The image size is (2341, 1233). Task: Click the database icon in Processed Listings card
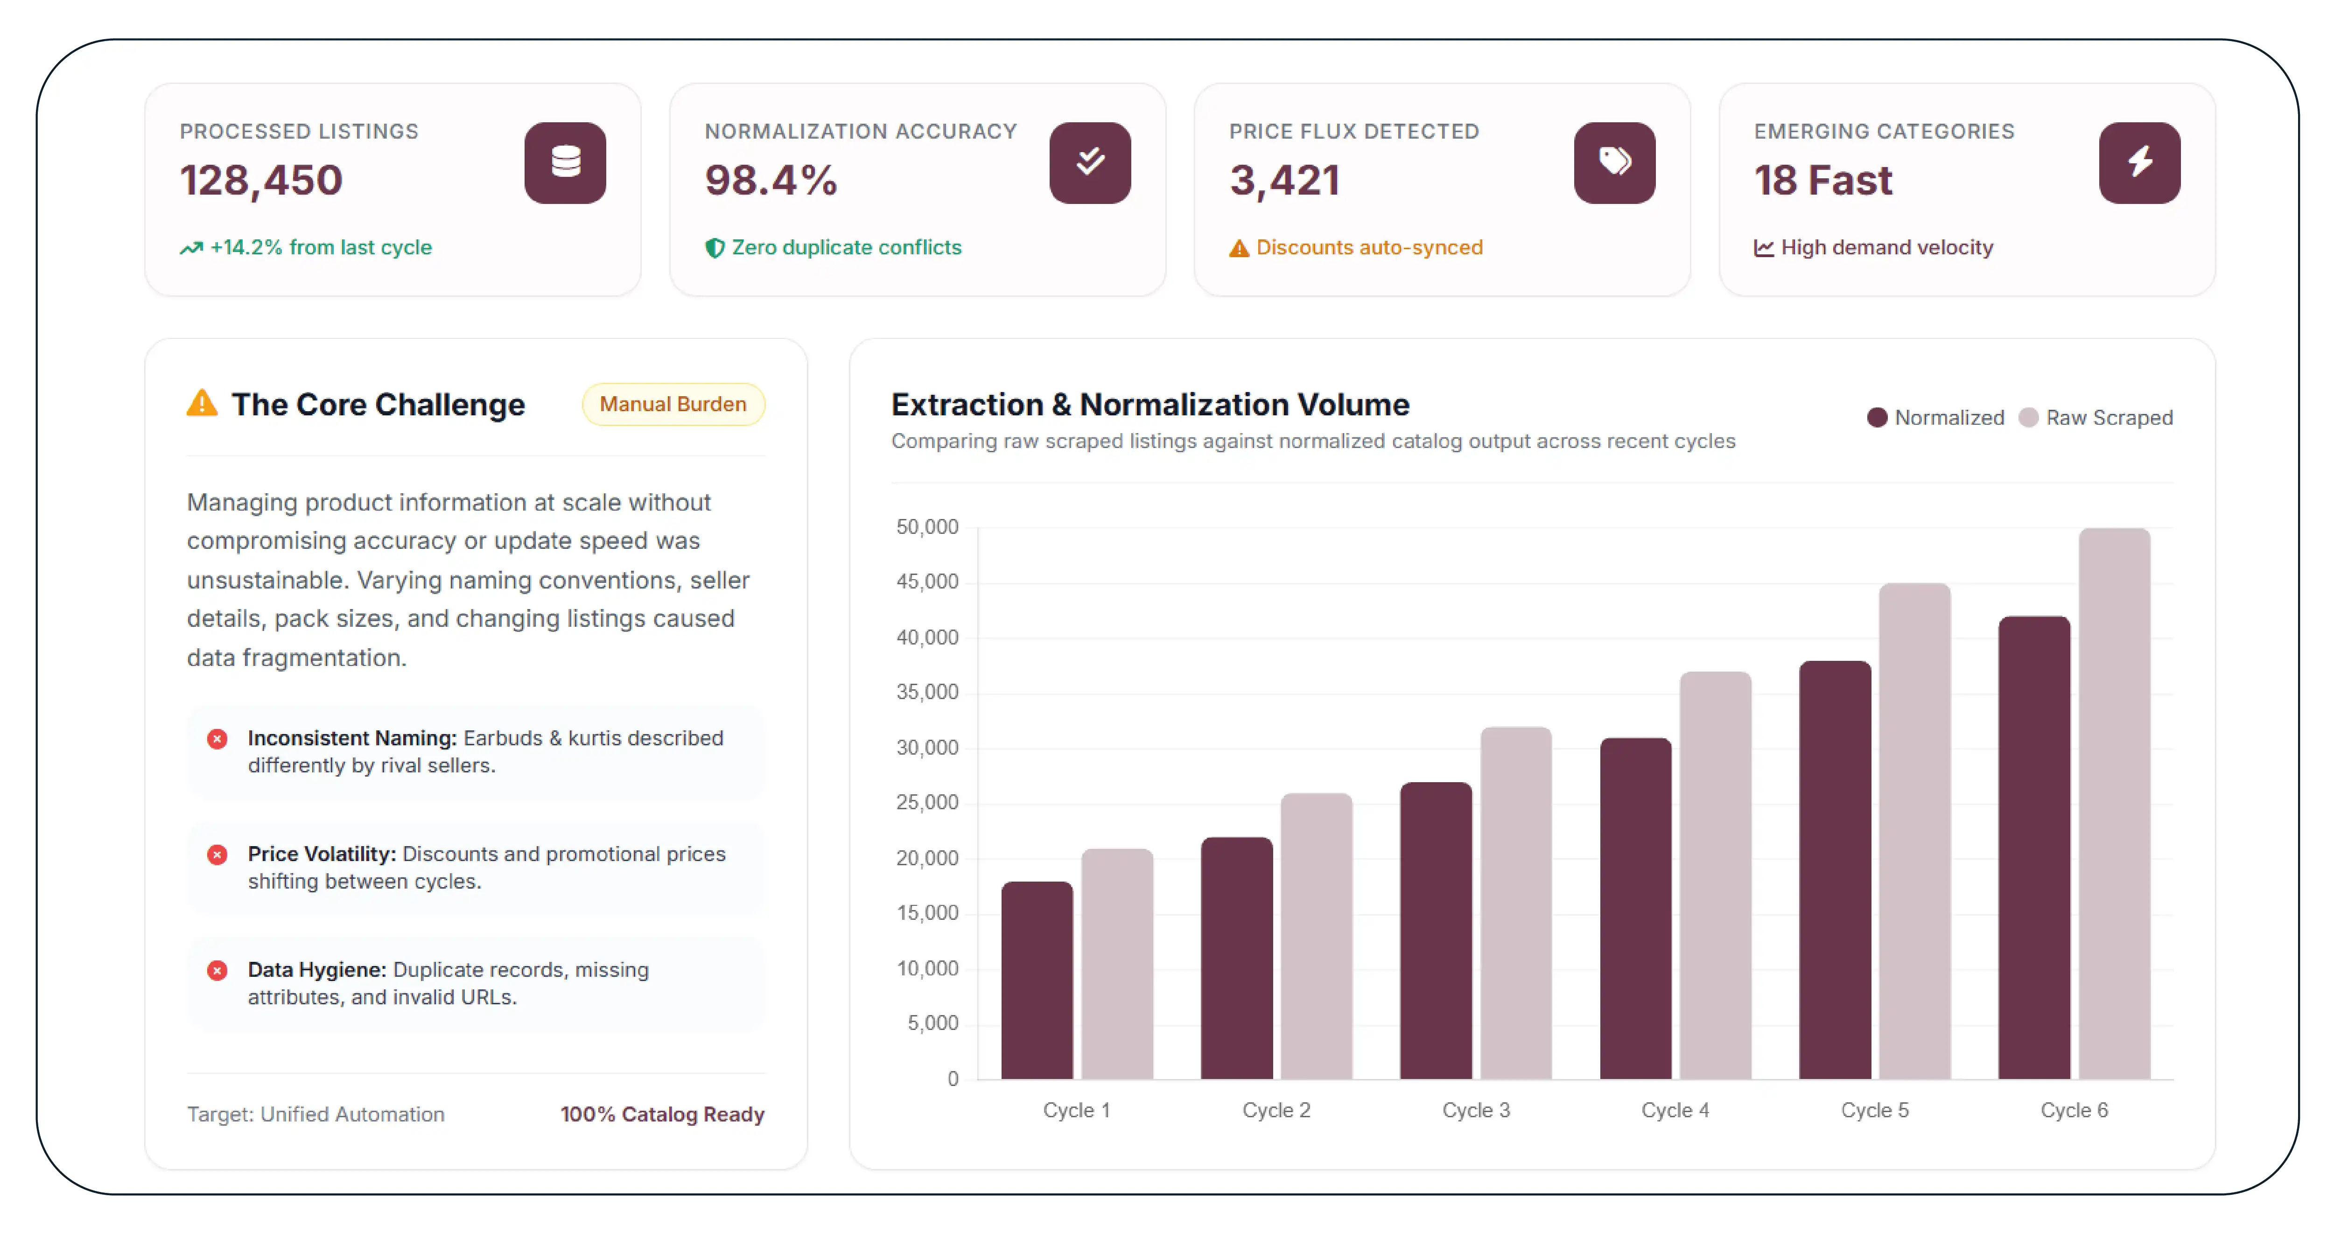[565, 163]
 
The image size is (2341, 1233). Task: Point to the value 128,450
[261, 180]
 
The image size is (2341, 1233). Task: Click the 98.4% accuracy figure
[771, 180]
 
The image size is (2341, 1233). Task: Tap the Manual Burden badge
[673, 404]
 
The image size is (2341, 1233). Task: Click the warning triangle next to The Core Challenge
[202, 402]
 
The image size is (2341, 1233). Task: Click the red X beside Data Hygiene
[217, 970]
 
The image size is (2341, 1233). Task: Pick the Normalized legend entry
[1936, 418]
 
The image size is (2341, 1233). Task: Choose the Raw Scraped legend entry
[2096, 418]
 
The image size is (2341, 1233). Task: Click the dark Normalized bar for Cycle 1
[1037, 981]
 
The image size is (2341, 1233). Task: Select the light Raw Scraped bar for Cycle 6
[2115, 804]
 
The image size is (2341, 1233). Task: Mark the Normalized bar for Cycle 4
[1636, 909]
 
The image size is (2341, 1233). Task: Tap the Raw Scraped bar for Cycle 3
[1516, 903]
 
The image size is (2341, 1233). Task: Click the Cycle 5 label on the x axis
[1875, 1110]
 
